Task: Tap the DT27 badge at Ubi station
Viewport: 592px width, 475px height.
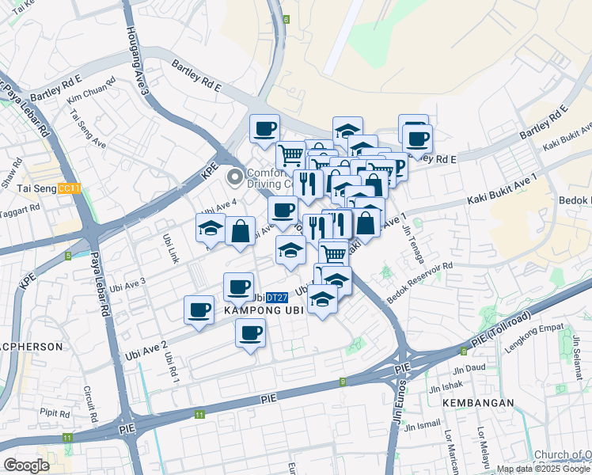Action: (x=275, y=298)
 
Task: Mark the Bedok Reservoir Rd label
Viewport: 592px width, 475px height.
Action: (x=419, y=283)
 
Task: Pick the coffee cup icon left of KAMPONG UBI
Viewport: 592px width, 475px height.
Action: (x=199, y=310)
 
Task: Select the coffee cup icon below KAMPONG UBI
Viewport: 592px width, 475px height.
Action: (x=251, y=332)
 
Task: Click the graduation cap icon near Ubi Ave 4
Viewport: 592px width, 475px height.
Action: (x=211, y=229)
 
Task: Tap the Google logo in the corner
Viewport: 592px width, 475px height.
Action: (x=26, y=465)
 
